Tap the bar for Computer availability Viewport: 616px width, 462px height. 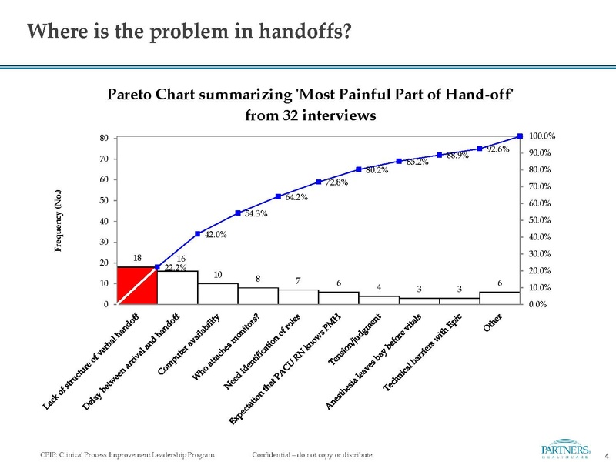tap(217, 293)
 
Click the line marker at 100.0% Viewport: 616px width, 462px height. tap(520, 136)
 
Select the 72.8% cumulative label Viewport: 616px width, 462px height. tap(336, 182)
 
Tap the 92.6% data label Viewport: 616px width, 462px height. tap(499, 150)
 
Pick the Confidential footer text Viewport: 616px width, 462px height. tap(312, 455)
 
